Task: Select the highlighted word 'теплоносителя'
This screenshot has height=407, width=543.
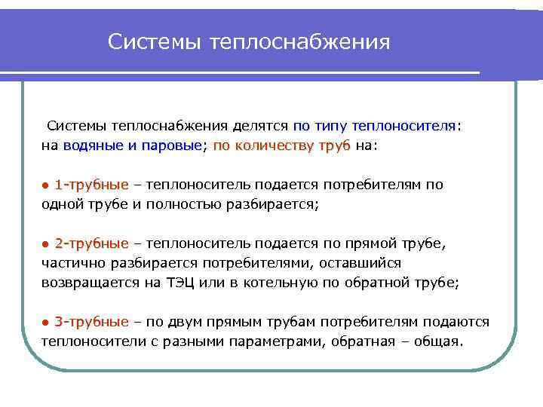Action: pyautogui.click(x=406, y=126)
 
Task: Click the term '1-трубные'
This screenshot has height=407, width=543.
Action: pyautogui.click(x=92, y=185)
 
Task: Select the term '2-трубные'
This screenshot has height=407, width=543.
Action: pyautogui.click(x=92, y=243)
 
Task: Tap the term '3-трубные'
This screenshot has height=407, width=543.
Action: pyautogui.click(x=92, y=322)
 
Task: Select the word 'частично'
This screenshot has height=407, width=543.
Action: pyautogui.click(x=71, y=263)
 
